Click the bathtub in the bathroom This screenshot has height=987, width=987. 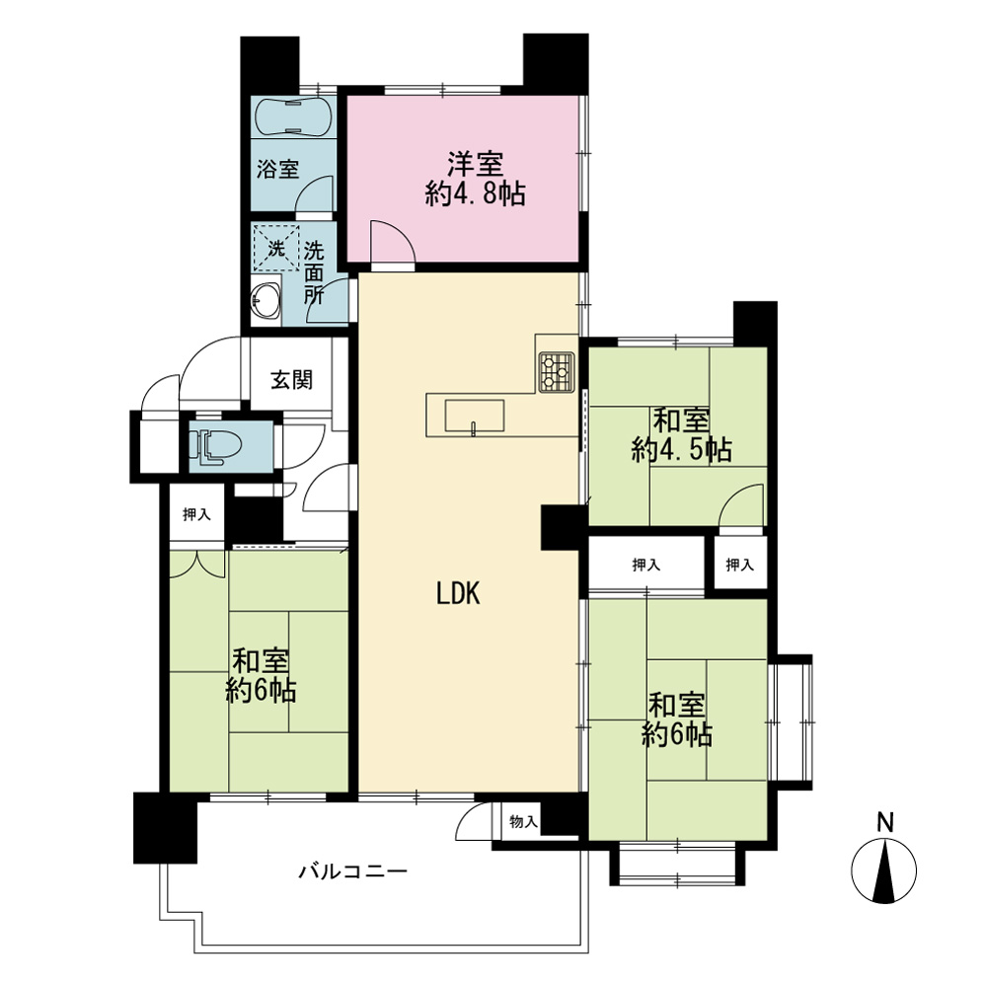coord(293,116)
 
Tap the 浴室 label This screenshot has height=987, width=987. coord(277,169)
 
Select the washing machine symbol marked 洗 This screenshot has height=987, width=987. coord(276,248)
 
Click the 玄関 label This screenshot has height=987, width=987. coord(291,380)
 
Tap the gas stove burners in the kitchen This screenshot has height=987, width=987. coord(557,371)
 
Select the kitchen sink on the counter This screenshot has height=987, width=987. coord(475,416)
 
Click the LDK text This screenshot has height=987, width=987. coord(458,593)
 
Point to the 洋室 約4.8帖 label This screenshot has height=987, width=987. coord(476,179)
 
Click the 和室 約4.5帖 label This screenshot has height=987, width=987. coord(681,435)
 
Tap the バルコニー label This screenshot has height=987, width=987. coord(353,872)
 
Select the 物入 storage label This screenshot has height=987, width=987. coord(524,821)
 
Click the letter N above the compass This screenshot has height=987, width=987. coord(885,823)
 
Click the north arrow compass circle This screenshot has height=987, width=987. coord(883,871)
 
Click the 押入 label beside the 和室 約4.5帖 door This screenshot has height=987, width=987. coord(739,565)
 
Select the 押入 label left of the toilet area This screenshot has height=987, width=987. coord(196,514)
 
